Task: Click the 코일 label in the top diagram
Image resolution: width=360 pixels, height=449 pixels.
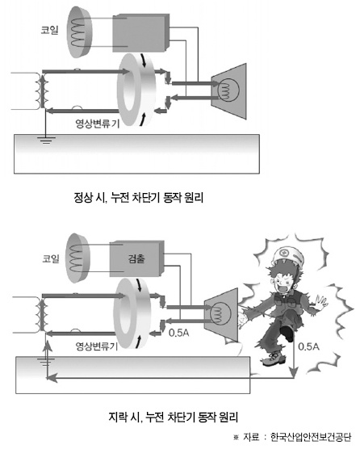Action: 50,30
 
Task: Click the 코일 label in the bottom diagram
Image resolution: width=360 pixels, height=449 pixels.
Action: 51,258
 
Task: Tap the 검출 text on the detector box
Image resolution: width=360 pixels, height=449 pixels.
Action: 136,258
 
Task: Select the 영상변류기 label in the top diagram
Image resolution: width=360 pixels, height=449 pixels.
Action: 97,123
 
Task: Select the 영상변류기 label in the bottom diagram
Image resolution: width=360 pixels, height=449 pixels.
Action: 96,346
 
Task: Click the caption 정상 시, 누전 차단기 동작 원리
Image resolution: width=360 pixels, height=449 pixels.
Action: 139,197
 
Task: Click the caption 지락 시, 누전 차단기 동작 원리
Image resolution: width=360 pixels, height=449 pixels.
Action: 173,417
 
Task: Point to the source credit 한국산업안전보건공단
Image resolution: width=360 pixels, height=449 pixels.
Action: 311,437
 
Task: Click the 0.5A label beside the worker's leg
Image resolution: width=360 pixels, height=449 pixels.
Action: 308,346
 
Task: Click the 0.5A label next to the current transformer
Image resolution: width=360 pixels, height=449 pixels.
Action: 179,333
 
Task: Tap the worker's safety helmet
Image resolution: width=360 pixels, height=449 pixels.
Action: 287,257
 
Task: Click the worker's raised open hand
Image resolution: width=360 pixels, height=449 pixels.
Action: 321,302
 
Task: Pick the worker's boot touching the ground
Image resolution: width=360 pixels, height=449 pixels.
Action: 274,359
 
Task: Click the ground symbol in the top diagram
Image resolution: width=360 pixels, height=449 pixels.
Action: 46,140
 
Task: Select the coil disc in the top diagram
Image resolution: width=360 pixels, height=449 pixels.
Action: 80,31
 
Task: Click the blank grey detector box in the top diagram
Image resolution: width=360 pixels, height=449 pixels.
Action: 140,33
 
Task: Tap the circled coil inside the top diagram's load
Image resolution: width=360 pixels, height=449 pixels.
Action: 228,90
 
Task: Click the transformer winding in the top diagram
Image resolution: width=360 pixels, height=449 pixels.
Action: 42,90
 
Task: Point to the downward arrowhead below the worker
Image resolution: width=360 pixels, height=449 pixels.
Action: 293,373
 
